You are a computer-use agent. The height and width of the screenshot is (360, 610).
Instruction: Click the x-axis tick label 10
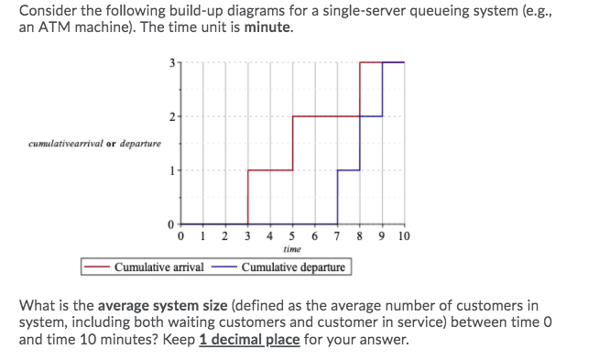(405, 235)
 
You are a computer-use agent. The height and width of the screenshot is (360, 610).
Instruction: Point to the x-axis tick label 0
(181, 235)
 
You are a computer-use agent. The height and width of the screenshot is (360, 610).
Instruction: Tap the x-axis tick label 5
(293, 235)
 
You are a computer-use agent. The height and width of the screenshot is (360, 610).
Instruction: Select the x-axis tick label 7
(338, 235)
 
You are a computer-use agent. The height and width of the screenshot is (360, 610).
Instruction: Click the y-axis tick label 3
(169, 62)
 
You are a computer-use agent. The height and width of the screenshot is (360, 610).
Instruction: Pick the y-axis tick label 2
(169, 116)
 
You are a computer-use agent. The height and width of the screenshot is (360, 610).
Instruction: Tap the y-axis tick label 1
(169, 170)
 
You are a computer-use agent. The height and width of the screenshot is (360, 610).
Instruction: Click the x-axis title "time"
(293, 249)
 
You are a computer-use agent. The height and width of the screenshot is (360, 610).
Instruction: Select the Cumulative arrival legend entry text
(158, 267)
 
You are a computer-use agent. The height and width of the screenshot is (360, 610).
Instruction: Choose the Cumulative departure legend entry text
(293, 267)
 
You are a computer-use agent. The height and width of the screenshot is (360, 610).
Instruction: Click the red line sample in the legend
(97, 267)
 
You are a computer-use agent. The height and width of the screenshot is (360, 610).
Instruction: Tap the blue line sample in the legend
(225, 267)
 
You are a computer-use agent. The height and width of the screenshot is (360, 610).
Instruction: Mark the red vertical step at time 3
(248, 197)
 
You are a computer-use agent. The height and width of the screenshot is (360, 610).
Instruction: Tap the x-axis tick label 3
(248, 235)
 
